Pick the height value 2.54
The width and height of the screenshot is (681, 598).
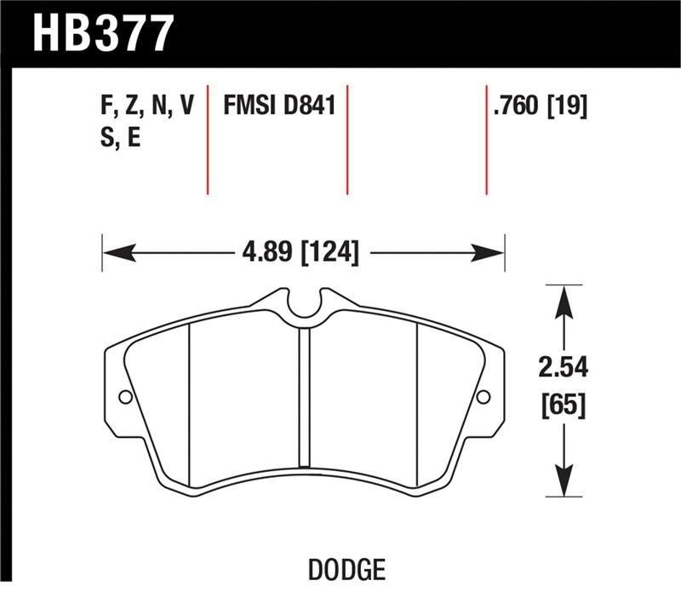tap(563, 369)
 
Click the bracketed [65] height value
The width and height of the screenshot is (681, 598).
tap(563, 405)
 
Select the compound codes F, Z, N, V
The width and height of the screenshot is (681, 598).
tap(147, 106)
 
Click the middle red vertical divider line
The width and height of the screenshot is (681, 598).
tap(347, 141)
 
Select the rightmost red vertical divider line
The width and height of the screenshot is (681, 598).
tap(486, 141)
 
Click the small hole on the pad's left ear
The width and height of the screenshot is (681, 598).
tap(125, 397)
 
